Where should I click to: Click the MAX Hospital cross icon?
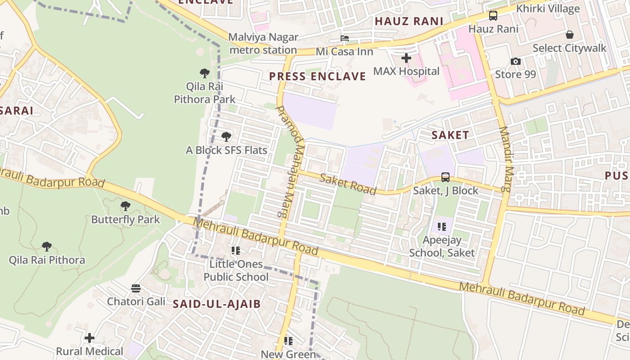click(406, 58)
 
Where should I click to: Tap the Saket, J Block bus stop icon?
click(445, 177)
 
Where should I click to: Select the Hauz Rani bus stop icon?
click(493, 16)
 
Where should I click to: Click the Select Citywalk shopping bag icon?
click(570, 35)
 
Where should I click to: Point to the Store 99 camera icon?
click(516, 61)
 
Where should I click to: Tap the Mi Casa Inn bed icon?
click(345, 38)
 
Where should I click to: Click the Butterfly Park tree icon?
click(126, 206)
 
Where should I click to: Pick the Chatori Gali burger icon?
click(136, 288)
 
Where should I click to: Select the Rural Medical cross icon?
click(90, 337)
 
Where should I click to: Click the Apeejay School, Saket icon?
click(441, 227)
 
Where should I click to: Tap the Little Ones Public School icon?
click(235, 250)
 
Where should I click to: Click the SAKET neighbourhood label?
click(450, 135)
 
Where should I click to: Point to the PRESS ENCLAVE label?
click(317, 76)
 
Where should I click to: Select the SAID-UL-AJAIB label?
click(217, 304)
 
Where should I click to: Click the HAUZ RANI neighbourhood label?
click(409, 21)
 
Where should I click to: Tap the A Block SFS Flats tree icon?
click(226, 136)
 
